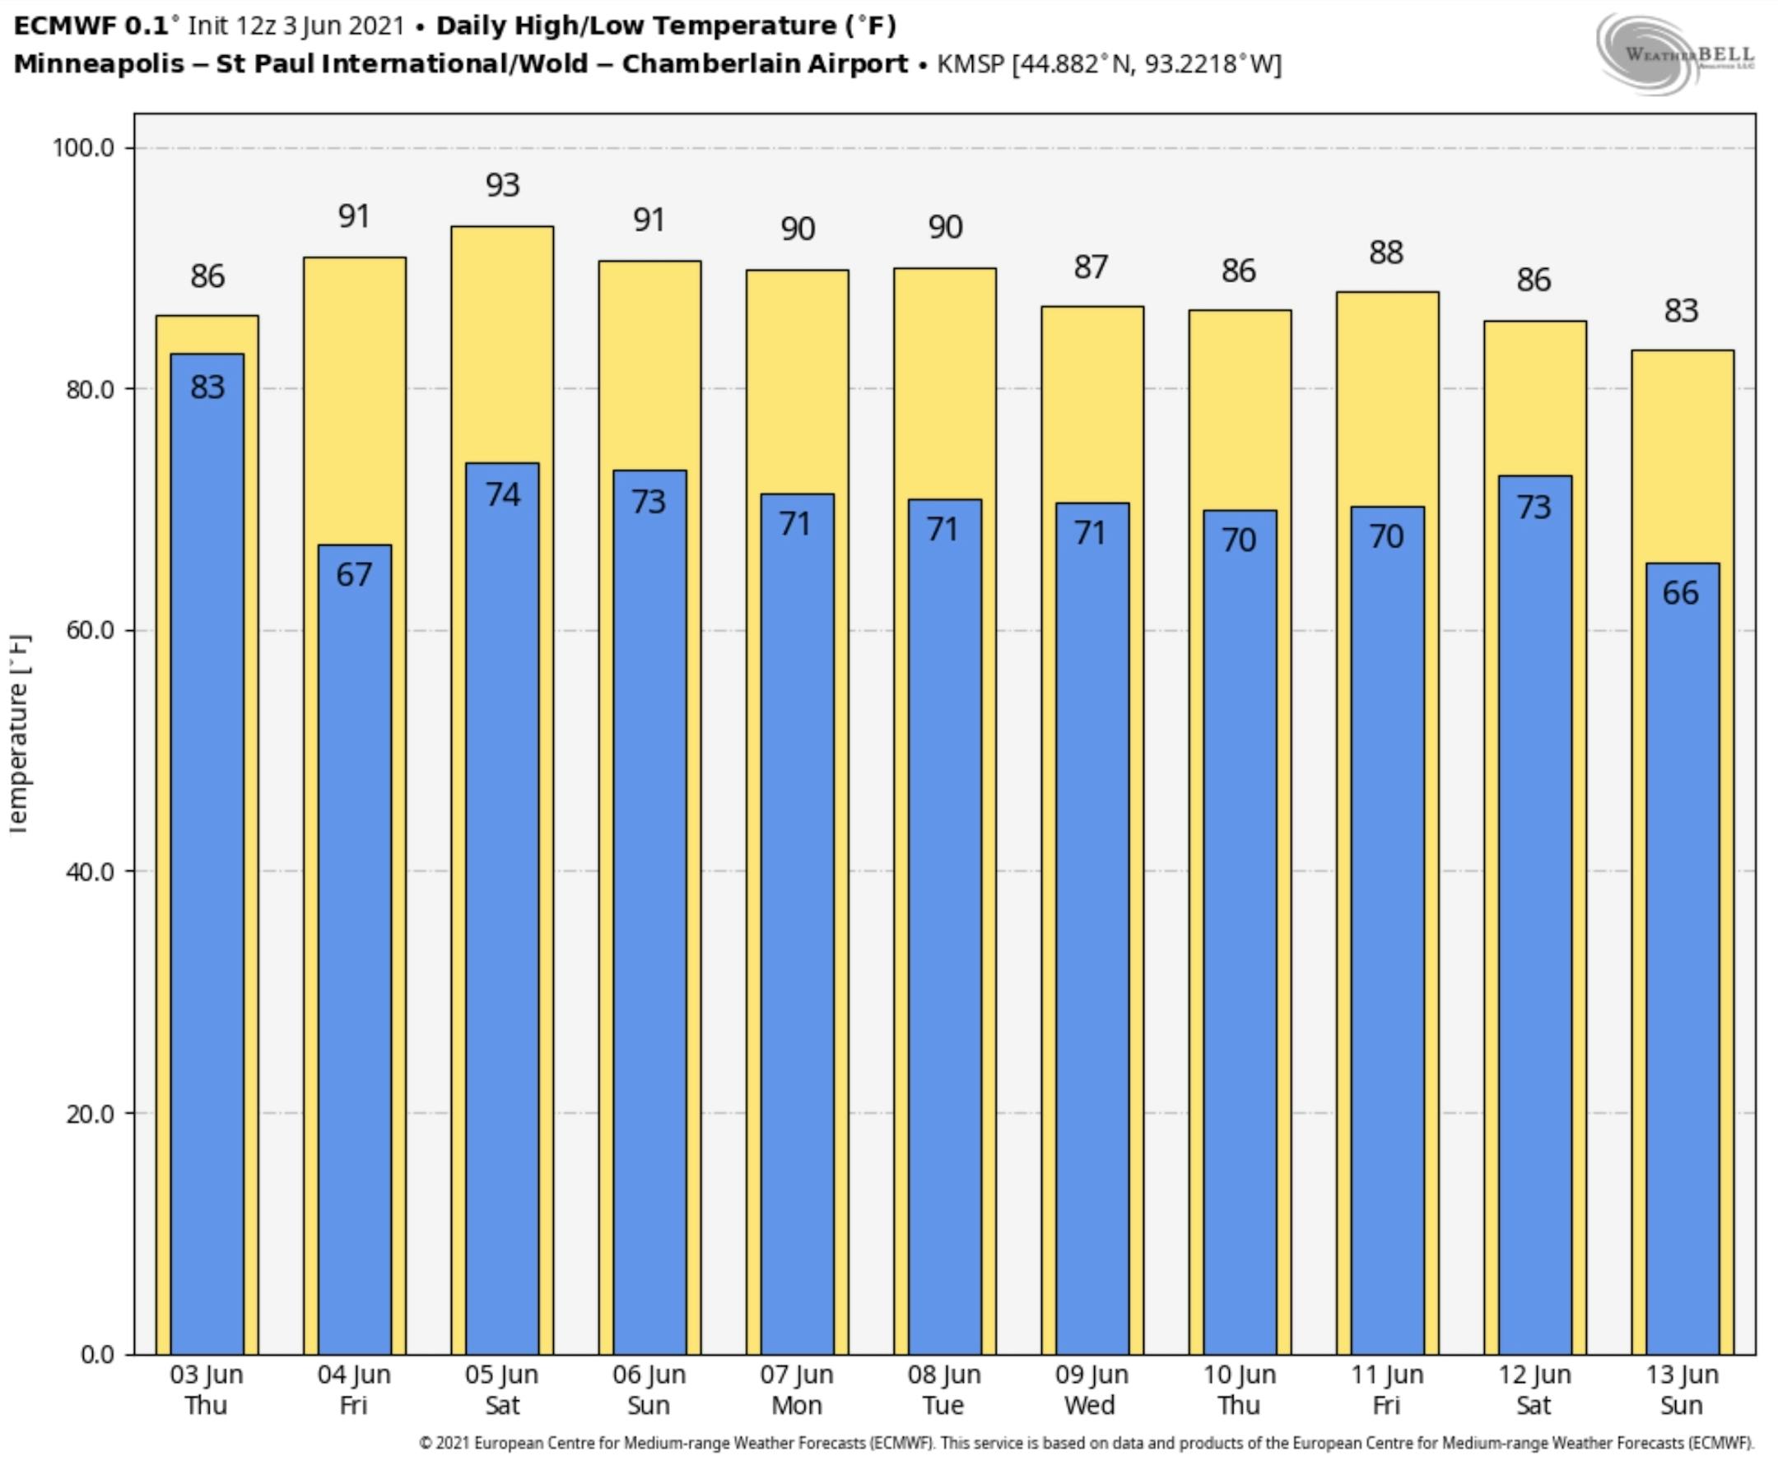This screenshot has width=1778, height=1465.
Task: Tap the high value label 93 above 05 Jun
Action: tap(502, 185)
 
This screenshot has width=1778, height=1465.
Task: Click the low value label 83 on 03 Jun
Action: tap(207, 387)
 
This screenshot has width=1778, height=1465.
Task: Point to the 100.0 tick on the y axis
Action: tap(84, 148)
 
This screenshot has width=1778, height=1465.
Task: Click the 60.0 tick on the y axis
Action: tap(89, 630)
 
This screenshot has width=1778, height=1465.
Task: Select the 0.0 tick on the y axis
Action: tap(97, 1355)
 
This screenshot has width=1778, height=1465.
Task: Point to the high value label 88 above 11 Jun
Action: tap(1386, 253)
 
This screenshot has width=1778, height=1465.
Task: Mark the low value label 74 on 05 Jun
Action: tap(502, 494)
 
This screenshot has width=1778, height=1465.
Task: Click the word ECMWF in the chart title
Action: tap(64, 26)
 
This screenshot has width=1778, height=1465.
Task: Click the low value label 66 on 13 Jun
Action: tap(1680, 593)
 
